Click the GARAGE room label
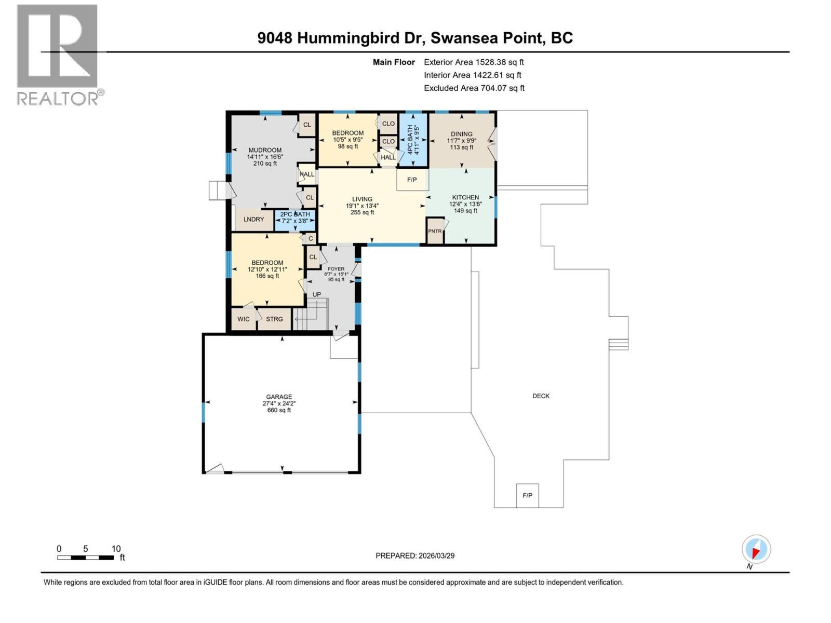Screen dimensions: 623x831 click(279, 397)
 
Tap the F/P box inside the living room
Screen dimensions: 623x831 click(412, 180)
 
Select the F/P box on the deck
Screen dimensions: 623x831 click(527, 495)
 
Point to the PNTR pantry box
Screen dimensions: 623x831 click(435, 232)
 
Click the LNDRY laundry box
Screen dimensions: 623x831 click(253, 219)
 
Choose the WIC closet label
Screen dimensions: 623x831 click(243, 319)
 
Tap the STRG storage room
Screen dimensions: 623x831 click(274, 319)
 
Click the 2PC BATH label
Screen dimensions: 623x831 click(295, 214)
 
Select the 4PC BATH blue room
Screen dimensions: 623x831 click(413, 140)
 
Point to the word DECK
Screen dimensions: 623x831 click(541, 396)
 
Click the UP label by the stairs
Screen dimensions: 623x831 click(316, 294)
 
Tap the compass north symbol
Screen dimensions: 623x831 click(756, 550)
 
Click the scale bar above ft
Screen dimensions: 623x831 click(86, 558)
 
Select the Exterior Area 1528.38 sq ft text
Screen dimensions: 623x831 click(474, 62)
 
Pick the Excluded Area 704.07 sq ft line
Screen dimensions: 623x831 click(474, 88)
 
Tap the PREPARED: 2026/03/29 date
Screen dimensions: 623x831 click(415, 556)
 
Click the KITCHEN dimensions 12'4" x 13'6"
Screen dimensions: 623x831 click(465, 204)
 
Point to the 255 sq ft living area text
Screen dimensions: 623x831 click(362, 212)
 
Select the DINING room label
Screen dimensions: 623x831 click(461, 134)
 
